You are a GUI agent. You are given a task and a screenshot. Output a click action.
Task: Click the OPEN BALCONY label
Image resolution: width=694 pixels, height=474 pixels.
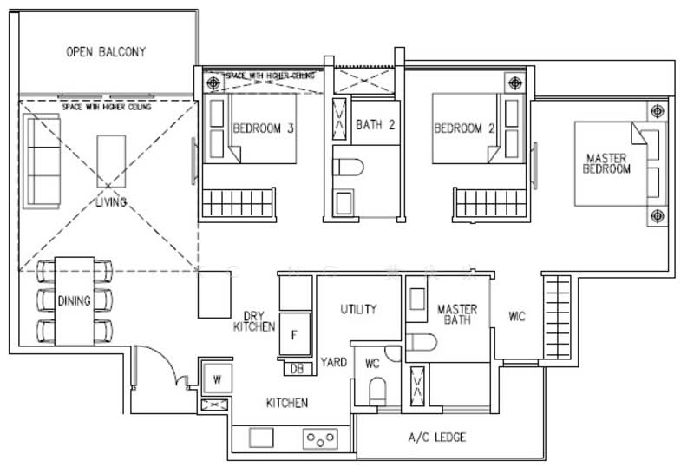point(106,52)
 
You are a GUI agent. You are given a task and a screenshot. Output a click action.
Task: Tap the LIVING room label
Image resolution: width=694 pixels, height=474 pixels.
point(111,202)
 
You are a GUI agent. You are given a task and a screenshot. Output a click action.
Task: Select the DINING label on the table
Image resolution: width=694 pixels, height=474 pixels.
point(74,301)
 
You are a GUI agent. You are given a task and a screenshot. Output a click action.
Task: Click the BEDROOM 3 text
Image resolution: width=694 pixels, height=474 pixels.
point(264,129)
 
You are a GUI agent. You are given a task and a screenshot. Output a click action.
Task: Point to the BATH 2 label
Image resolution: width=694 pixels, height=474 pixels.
point(376,125)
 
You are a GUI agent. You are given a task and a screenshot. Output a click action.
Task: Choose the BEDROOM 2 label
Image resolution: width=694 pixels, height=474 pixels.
point(464,129)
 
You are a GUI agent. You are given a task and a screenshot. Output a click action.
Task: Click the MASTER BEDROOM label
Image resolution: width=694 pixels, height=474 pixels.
point(607,164)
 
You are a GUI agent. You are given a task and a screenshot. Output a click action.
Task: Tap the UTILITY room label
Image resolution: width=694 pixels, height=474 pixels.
point(358,309)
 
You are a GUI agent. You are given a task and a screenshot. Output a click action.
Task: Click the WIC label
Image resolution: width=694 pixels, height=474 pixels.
point(518,317)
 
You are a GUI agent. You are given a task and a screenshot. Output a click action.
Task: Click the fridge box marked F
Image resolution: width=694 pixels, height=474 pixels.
point(295,334)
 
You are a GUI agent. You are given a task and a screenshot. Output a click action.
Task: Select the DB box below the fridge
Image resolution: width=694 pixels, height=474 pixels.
point(297,369)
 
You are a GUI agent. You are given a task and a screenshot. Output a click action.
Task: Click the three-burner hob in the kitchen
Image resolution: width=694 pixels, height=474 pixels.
point(321,438)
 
